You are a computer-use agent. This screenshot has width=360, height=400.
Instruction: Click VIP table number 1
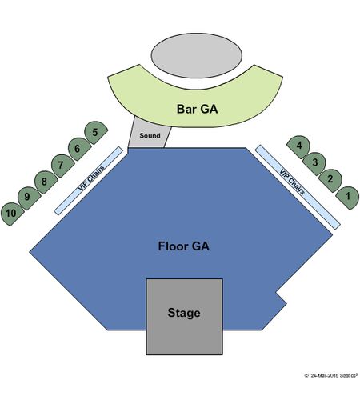348,198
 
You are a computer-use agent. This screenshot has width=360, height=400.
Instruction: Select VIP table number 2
330,181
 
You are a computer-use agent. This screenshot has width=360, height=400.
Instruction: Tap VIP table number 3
314,163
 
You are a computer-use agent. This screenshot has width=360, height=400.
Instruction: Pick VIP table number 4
298,146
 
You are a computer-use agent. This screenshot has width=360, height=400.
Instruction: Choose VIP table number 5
95,133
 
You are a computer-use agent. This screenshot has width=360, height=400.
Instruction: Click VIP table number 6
79,149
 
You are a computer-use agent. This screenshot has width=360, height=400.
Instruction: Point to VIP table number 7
62,166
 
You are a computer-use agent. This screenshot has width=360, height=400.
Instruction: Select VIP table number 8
46,182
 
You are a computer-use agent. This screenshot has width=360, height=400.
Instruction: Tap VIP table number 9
29,198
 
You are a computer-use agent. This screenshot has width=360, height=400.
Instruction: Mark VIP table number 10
12,214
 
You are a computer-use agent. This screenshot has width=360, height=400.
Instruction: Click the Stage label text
184,313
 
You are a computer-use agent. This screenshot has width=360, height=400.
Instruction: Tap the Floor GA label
184,246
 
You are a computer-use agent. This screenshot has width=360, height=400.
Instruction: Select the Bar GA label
197,109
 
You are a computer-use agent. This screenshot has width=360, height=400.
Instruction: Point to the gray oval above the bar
197,55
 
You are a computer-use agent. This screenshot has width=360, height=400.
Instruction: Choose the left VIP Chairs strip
89,181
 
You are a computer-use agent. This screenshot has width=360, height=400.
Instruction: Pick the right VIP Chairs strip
298,186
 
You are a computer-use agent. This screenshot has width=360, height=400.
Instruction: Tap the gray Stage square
184,317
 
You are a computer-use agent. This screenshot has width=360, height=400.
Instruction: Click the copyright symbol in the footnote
306,376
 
